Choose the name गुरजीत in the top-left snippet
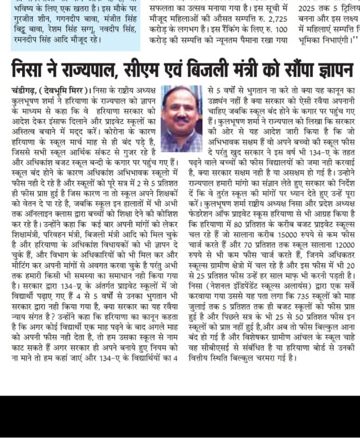[25, 20]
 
